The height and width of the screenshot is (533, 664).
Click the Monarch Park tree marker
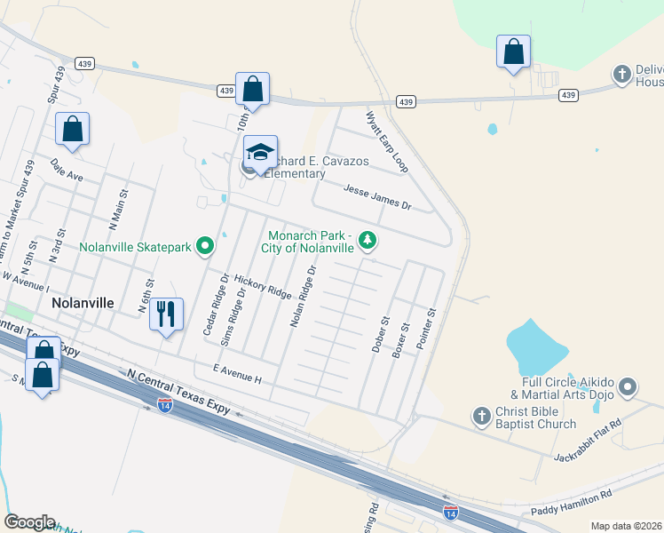click(x=367, y=240)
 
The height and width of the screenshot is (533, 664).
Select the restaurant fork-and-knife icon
click(x=166, y=315)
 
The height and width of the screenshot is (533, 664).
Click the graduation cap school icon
click(x=261, y=154)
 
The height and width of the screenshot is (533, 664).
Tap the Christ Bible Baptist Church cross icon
click(x=481, y=416)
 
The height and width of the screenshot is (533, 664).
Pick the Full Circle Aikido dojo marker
click(x=628, y=386)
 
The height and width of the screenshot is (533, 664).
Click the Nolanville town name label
click(x=83, y=302)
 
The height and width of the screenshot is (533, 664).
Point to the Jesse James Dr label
click(x=377, y=196)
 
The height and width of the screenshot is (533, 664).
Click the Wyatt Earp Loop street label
click(x=387, y=142)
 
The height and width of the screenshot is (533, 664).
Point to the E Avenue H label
click(x=238, y=373)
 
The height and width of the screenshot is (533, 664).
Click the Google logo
click(x=29, y=521)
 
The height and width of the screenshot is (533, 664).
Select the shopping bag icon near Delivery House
click(x=513, y=52)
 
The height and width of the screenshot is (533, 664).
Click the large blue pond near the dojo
click(x=535, y=346)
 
